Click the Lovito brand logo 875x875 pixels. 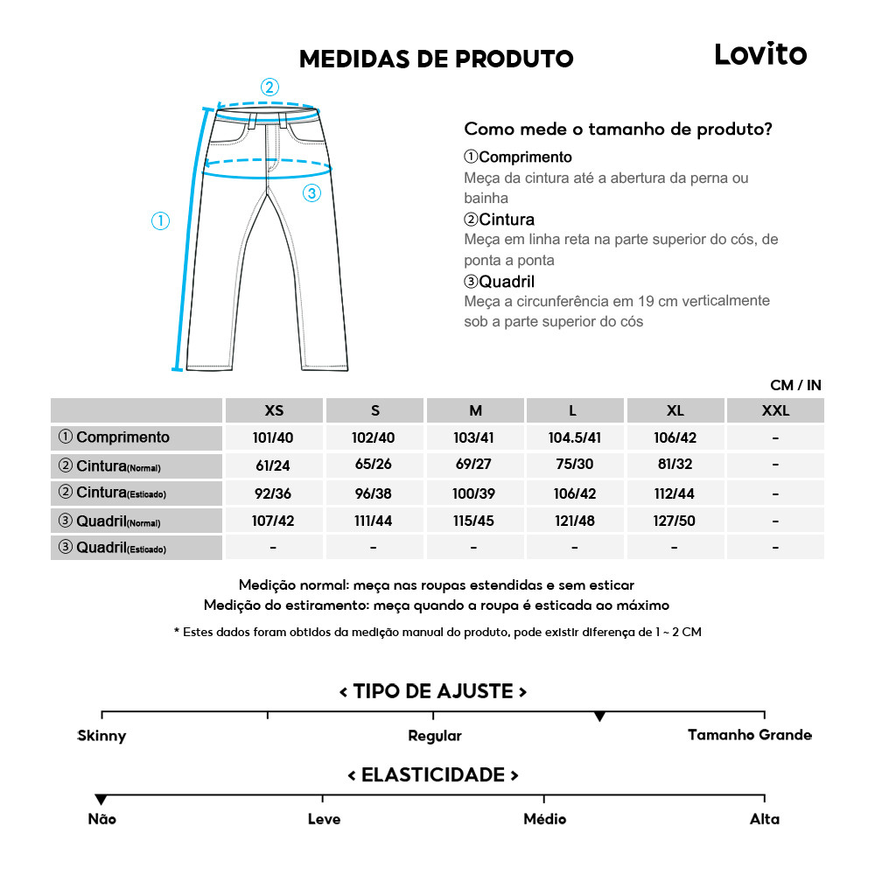(759, 54)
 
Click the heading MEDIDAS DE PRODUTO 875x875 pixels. (436, 59)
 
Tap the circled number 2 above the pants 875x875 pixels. (269, 87)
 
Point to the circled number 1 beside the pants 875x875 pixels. (160, 221)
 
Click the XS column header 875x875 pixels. (274, 410)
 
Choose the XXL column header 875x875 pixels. (775, 410)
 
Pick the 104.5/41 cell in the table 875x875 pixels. (574, 437)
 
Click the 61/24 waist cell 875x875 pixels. (274, 465)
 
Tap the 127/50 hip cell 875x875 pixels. (675, 521)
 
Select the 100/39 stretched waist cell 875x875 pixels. (474, 493)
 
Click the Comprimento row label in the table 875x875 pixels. (115, 437)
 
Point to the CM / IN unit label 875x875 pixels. (795, 385)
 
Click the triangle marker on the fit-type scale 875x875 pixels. (599, 717)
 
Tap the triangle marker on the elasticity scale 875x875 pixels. (101, 799)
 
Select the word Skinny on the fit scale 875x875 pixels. (101, 736)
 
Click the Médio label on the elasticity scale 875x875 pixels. (544, 819)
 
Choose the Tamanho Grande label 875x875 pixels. (749, 735)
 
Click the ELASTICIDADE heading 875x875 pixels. (433, 775)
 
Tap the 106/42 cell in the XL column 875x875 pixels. (675, 437)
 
